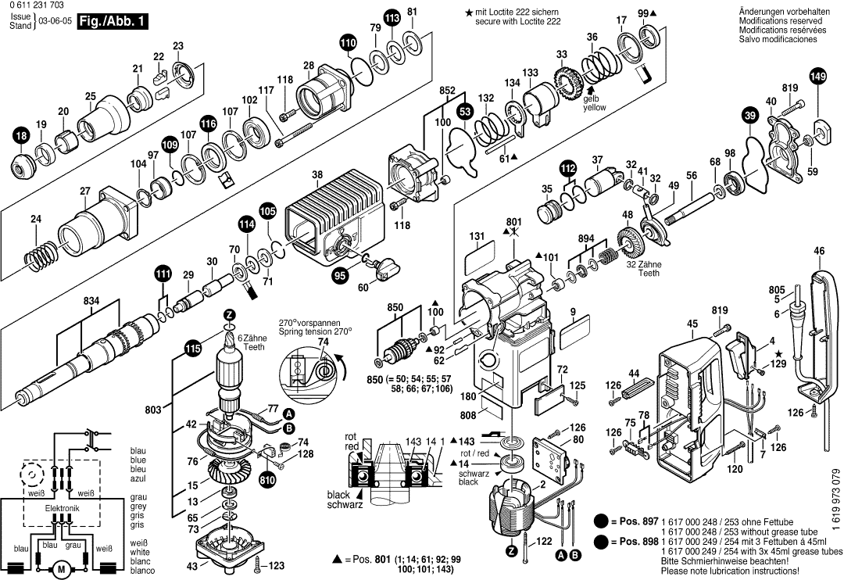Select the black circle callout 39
tap(749, 116)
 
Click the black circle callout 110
tap(347, 43)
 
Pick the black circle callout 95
tap(339, 275)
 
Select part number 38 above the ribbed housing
tap(317, 174)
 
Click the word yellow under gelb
tap(593, 108)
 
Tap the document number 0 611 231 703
tap(38, 6)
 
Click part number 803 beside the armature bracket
tap(154, 410)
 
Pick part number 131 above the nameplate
tap(477, 236)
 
